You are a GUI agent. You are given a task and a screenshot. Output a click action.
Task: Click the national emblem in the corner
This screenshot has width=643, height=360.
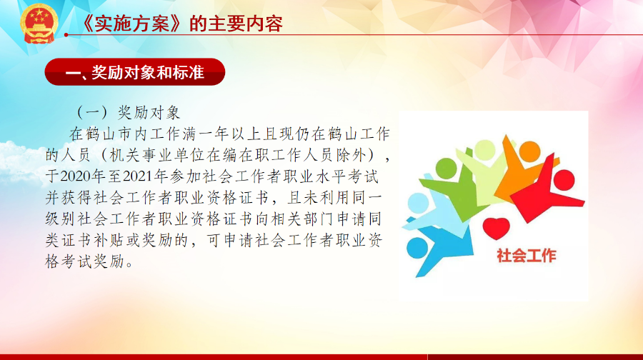(x=39, y=24)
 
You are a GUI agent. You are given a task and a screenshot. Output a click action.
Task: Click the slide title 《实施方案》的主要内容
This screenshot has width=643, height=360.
(x=181, y=24)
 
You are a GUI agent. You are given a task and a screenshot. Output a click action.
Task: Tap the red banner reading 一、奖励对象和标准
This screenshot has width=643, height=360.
(x=135, y=72)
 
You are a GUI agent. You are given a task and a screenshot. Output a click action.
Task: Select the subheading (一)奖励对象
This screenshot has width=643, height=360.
(x=129, y=112)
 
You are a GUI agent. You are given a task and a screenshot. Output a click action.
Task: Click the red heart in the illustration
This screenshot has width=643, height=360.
(x=497, y=228)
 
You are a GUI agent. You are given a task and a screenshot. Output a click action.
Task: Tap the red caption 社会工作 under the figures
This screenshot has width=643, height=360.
(x=527, y=256)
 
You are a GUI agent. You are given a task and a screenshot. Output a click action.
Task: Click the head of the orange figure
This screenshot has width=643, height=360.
(x=530, y=151)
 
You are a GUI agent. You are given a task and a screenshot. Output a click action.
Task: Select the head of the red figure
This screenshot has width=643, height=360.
(x=564, y=181)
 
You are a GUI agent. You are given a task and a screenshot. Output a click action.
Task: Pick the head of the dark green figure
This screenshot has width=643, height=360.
(x=446, y=168)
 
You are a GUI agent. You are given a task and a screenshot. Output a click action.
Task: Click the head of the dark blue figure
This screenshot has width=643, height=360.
(x=417, y=248)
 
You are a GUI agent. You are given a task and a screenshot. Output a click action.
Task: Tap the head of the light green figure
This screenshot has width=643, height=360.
(x=485, y=150)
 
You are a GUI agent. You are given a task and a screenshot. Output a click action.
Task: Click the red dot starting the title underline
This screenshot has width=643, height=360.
(x=66, y=35)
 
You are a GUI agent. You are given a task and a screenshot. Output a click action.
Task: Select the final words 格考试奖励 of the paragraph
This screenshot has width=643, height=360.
(x=85, y=261)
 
